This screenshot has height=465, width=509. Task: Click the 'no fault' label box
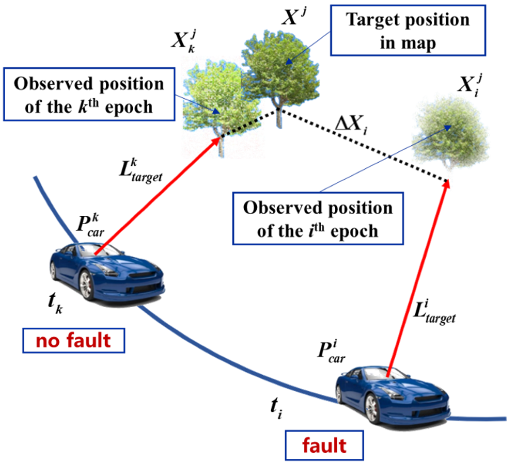(x=74, y=340)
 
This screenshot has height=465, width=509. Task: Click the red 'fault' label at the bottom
(x=324, y=445)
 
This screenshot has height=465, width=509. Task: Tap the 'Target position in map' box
(x=408, y=30)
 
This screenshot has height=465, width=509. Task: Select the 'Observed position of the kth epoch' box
(x=89, y=94)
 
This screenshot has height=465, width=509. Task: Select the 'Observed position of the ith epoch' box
(x=318, y=218)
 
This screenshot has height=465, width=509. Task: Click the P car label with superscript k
(x=90, y=226)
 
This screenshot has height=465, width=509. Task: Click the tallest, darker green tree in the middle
(x=280, y=70)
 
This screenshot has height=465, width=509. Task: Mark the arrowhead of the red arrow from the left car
(x=217, y=141)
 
